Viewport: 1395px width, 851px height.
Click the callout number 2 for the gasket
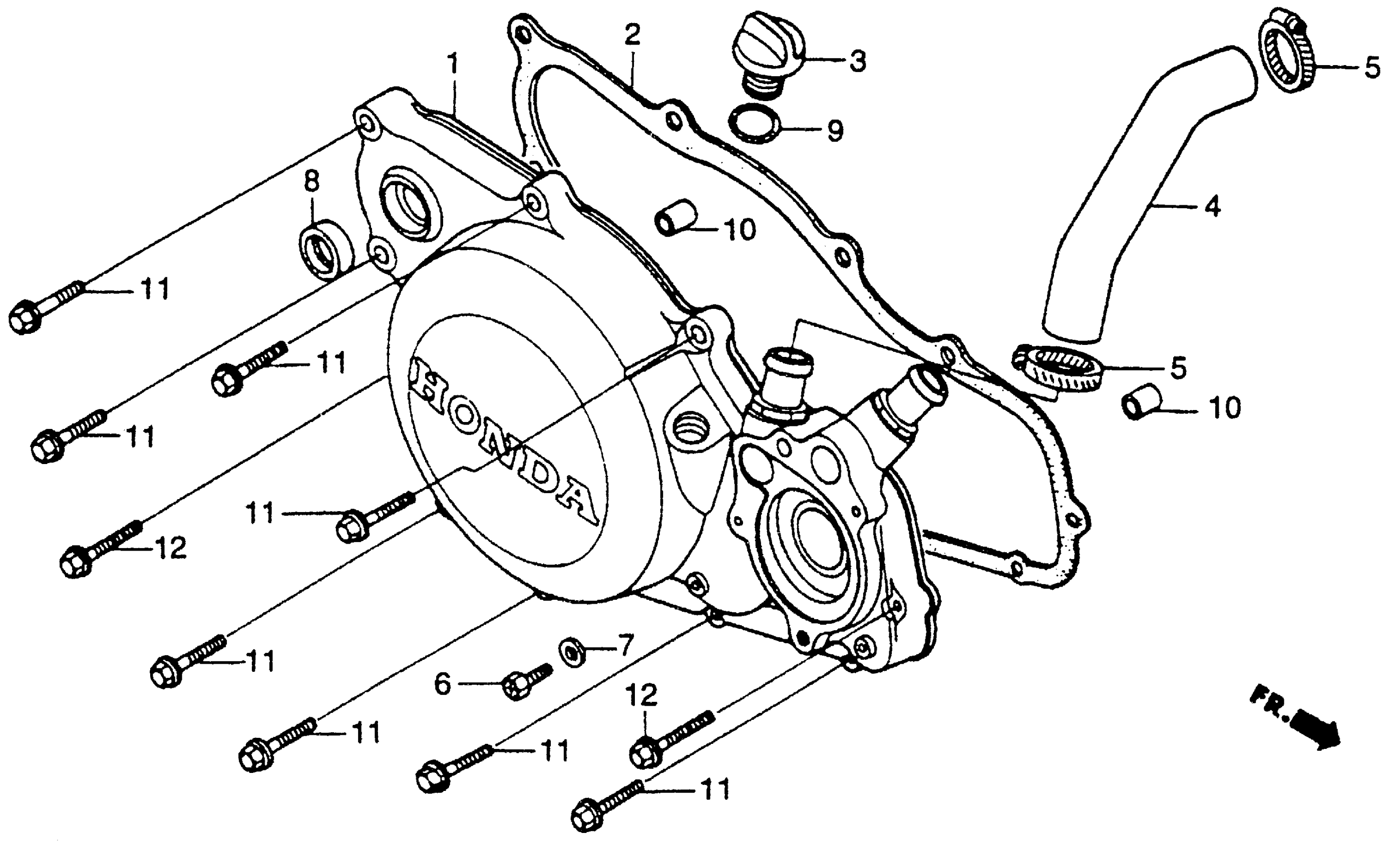(632, 35)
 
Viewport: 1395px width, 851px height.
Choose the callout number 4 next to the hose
(1213, 207)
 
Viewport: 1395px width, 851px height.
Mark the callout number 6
(442, 685)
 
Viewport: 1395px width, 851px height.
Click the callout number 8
(312, 182)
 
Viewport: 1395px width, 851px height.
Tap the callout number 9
(834, 131)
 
